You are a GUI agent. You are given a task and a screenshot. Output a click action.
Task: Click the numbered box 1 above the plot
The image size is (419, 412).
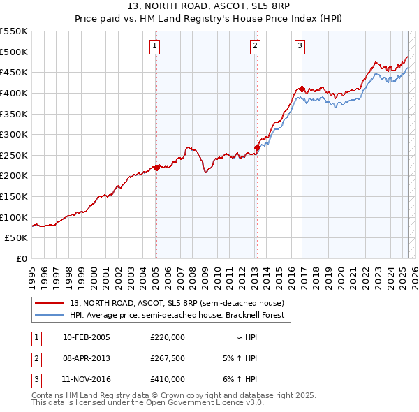click(x=154, y=47)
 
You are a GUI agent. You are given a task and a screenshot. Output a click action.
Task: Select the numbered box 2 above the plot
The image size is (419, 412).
click(x=255, y=47)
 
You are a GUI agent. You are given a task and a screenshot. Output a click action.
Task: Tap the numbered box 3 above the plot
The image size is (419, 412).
click(x=300, y=47)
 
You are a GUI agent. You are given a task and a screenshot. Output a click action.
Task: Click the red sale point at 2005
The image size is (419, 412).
click(x=156, y=168)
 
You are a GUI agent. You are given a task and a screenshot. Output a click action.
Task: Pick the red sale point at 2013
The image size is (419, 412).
click(x=257, y=147)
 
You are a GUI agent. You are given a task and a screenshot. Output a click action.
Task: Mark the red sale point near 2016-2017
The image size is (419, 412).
click(x=302, y=89)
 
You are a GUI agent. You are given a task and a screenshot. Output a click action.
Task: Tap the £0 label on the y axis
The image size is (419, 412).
click(x=21, y=258)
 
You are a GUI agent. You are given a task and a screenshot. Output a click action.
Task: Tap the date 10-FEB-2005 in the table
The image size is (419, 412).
click(x=87, y=337)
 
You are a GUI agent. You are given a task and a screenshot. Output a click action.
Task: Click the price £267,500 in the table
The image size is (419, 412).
click(x=168, y=358)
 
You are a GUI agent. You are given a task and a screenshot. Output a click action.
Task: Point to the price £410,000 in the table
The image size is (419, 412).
click(x=168, y=379)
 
